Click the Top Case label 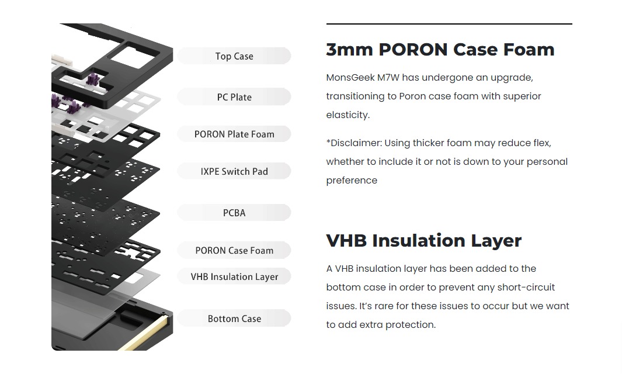point(234,56)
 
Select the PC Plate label point(234,97)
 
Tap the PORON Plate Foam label point(234,134)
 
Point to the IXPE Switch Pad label point(234,171)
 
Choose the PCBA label point(234,213)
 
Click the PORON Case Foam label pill point(234,250)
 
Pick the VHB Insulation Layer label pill point(234,276)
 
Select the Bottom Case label point(234,319)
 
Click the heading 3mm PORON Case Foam point(440,50)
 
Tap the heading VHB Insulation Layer point(423,240)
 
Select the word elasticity point(348,115)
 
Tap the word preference point(352,181)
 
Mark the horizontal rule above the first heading point(449,24)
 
